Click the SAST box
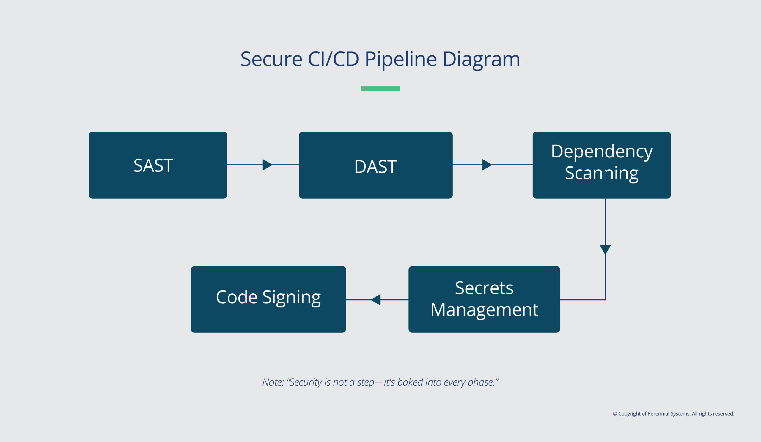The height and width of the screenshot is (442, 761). tap(158, 165)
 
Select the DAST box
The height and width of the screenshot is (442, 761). tap(375, 165)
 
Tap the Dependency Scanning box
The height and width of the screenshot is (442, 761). tap(602, 165)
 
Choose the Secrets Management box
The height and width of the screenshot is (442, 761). tap(484, 299)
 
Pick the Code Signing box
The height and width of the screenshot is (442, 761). tap(268, 299)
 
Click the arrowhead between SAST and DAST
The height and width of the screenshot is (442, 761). tap(267, 165)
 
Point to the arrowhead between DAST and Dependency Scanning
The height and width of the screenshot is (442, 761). tap(487, 165)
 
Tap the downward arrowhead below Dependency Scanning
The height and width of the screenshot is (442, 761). tap(605, 249)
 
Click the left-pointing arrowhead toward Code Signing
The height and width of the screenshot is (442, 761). tap(376, 300)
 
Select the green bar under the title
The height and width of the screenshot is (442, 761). tap(380, 89)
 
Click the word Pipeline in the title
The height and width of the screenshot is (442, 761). tap(400, 59)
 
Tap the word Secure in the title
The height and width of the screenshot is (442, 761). tap(271, 59)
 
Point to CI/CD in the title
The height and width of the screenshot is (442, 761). tap(333, 59)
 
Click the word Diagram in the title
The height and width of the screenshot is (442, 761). tap(481, 59)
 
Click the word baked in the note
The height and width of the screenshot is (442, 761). tap(410, 382)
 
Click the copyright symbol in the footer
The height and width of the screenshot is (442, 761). tap(614, 414)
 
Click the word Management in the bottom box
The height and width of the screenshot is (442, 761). tap(484, 310)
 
